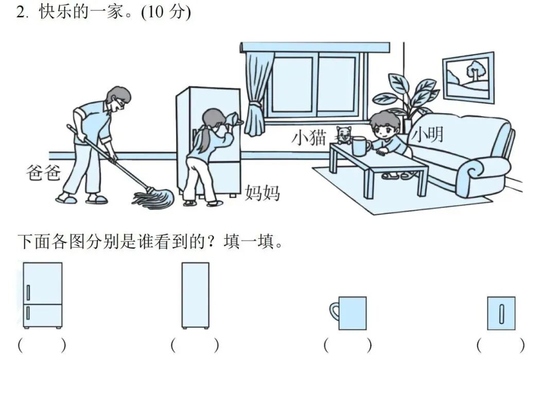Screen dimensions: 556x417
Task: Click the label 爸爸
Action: click(43, 172)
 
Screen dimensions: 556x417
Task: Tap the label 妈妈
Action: click(262, 193)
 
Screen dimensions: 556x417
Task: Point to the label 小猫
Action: click(309, 138)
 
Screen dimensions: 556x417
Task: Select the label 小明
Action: click(427, 135)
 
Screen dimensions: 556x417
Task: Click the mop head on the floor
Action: click(152, 198)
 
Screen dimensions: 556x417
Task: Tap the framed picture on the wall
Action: click(468, 77)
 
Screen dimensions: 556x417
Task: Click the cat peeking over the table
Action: click(343, 135)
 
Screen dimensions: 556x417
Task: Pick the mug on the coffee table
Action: click(360, 146)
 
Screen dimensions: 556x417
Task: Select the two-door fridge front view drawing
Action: click(43, 295)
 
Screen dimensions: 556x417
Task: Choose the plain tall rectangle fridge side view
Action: click(195, 295)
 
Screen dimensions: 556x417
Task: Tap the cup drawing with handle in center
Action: click(501, 313)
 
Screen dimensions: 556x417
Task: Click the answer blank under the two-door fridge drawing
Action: click(42, 345)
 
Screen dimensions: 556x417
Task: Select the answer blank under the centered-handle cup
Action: click(500, 345)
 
